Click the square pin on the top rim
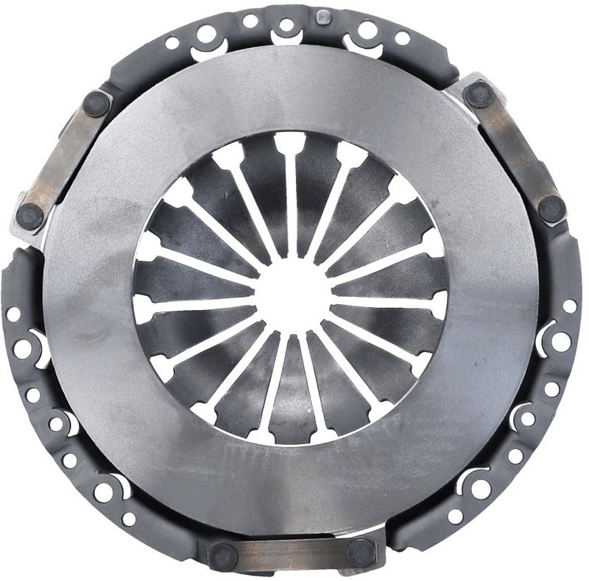[322, 16]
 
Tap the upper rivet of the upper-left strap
[96, 103]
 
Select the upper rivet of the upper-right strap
[479, 94]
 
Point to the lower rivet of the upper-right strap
[551, 209]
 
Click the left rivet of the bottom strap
[223, 555]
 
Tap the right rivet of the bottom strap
[361, 552]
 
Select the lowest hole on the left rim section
[129, 518]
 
